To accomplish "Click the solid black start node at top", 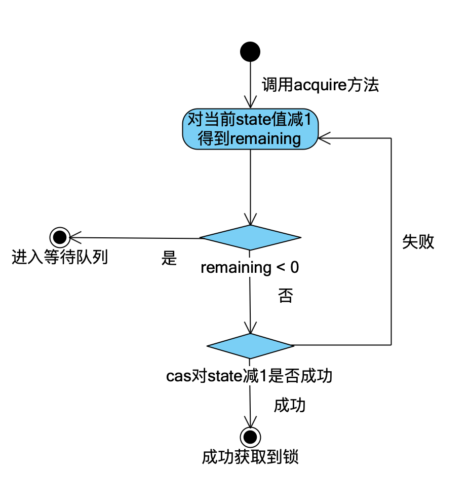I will point(250,52).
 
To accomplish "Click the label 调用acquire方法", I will point(320,85).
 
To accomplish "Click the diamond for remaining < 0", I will point(250,237).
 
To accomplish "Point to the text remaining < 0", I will point(250,268).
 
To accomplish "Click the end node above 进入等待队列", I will point(60,237).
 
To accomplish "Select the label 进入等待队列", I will point(60,258).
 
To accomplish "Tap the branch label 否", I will point(285,296).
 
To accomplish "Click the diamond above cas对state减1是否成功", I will point(250,345).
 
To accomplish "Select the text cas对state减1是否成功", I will point(249,376).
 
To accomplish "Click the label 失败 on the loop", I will point(418,242).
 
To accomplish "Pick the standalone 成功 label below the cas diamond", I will point(290,406).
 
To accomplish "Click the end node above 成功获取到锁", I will point(250,436).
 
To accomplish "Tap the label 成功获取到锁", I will point(250,457).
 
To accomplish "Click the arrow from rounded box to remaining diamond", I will point(250,188).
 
